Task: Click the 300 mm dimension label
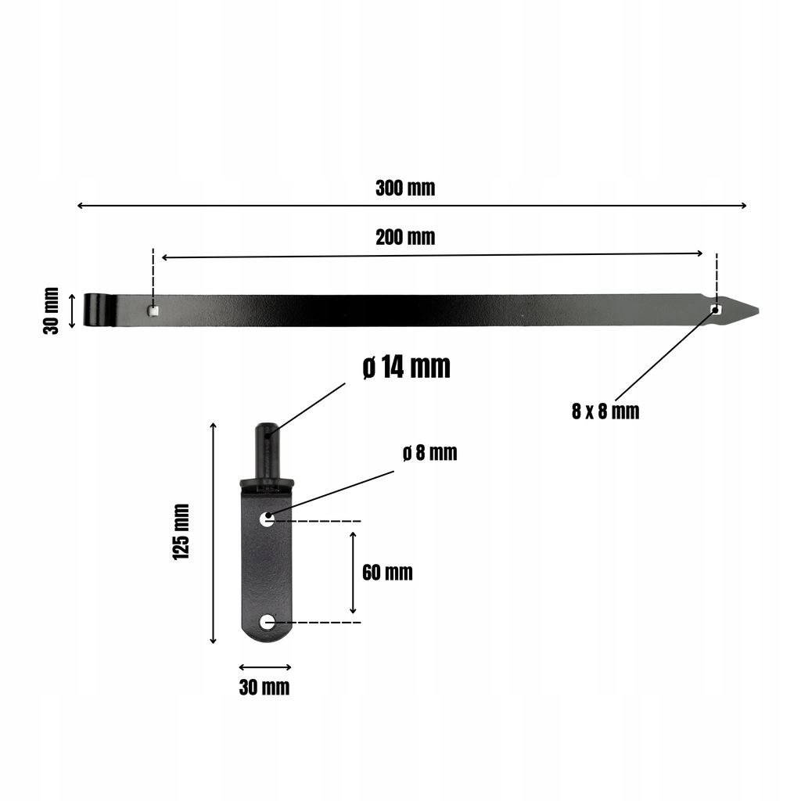tap(405, 188)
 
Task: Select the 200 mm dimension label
tap(405, 237)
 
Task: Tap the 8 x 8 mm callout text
tap(605, 411)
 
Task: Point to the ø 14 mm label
tap(407, 367)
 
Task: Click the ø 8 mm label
tap(429, 453)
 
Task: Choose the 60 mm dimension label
tap(387, 572)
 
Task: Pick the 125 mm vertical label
tap(181, 531)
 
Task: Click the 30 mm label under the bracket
tap(264, 688)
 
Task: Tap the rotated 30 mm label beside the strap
tap(51, 311)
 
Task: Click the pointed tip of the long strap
tap(758, 310)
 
